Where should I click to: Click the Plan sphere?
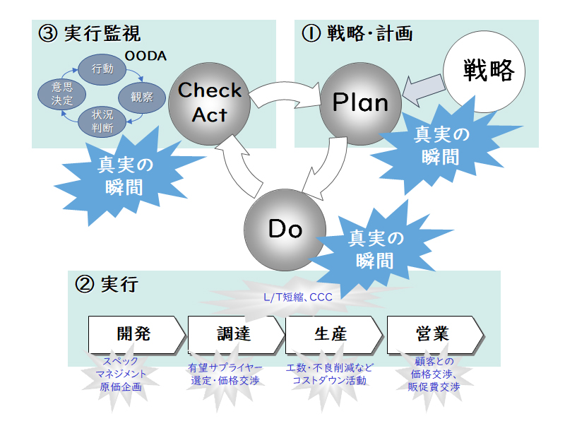[361, 104]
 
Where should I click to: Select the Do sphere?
[285, 230]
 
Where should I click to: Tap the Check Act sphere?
[209, 104]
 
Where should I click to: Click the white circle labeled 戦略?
[484, 71]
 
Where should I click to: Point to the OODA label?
[145, 56]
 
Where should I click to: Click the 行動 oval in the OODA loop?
[102, 69]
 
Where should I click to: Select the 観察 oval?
[142, 98]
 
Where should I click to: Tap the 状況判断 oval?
[102, 122]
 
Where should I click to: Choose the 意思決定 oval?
[62, 94]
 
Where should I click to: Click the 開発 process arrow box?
[136, 335]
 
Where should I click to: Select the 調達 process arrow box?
[236, 335]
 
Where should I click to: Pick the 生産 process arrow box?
[333, 335]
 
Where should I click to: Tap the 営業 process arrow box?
[435, 335]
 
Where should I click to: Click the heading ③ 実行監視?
[90, 34]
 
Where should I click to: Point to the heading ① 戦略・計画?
[357, 34]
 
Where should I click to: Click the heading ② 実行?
[107, 284]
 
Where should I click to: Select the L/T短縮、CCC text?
[297, 297]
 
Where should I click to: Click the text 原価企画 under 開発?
[121, 387]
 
